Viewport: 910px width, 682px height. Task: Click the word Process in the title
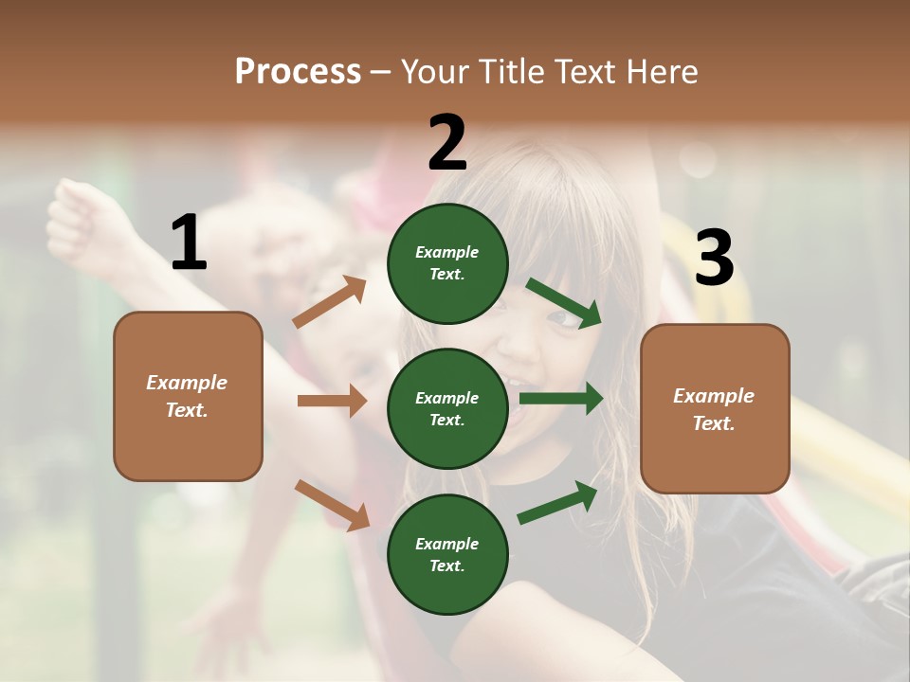pyautogui.click(x=298, y=72)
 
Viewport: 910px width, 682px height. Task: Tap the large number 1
pyautogui.click(x=189, y=242)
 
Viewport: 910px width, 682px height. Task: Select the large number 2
pyautogui.click(x=447, y=143)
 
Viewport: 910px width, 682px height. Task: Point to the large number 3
pyautogui.click(x=714, y=259)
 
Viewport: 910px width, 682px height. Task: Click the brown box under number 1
pyautogui.click(x=188, y=396)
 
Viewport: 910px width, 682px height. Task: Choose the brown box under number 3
pyautogui.click(x=715, y=409)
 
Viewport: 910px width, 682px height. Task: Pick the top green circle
pyautogui.click(x=447, y=262)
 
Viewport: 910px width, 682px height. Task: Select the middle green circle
pyautogui.click(x=447, y=408)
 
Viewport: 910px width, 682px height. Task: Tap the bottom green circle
pyautogui.click(x=447, y=554)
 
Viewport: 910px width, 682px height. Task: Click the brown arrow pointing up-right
pyautogui.click(x=330, y=302)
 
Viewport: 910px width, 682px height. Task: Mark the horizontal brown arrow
pyautogui.click(x=332, y=401)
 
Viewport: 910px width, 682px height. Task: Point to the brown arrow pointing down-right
pyautogui.click(x=332, y=505)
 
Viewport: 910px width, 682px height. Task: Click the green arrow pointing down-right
pyautogui.click(x=564, y=303)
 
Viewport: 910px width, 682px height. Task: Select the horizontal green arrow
pyautogui.click(x=561, y=399)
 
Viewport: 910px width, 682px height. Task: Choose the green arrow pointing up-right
pyautogui.click(x=558, y=502)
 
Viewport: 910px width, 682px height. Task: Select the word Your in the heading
pyautogui.click(x=435, y=72)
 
